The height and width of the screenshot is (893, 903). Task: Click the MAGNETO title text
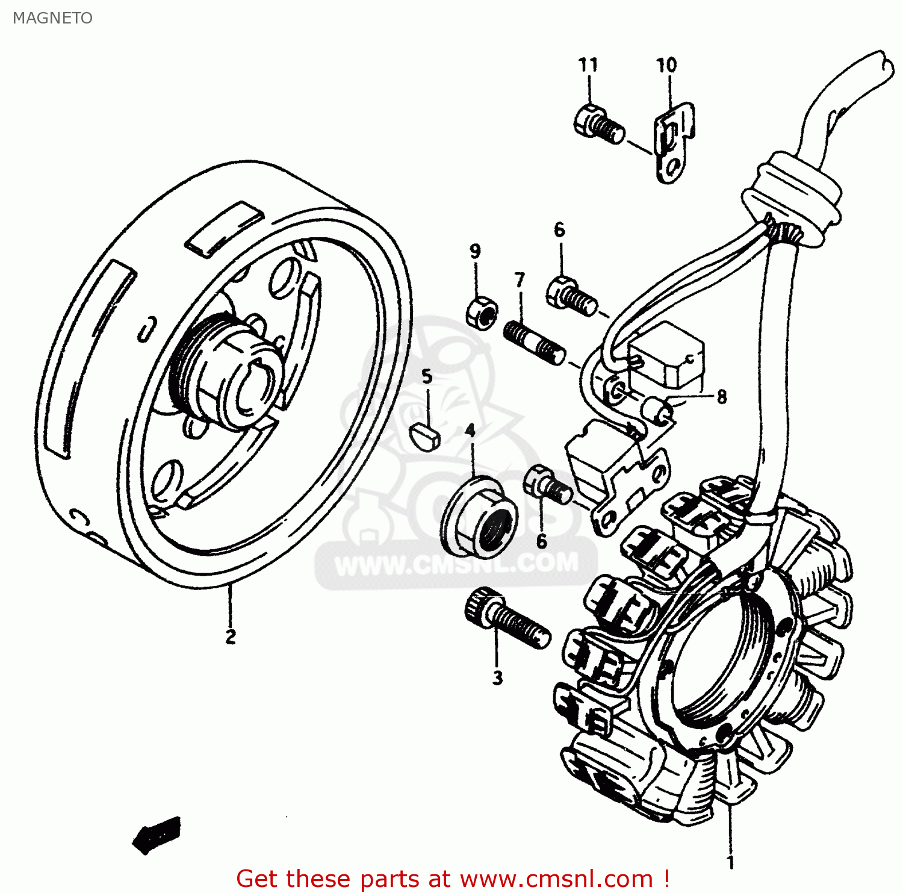52,18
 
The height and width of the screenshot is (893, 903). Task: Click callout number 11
588,64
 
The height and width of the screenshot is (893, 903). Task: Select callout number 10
666,64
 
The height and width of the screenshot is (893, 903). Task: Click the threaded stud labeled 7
533,343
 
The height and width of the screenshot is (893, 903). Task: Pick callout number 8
721,397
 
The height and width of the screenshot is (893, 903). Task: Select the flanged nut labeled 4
479,515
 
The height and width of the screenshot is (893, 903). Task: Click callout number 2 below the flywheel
230,636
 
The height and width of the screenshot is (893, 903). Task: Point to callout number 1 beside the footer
730,862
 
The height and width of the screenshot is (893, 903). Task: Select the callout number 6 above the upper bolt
559,229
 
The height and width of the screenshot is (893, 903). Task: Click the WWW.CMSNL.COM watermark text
456,564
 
